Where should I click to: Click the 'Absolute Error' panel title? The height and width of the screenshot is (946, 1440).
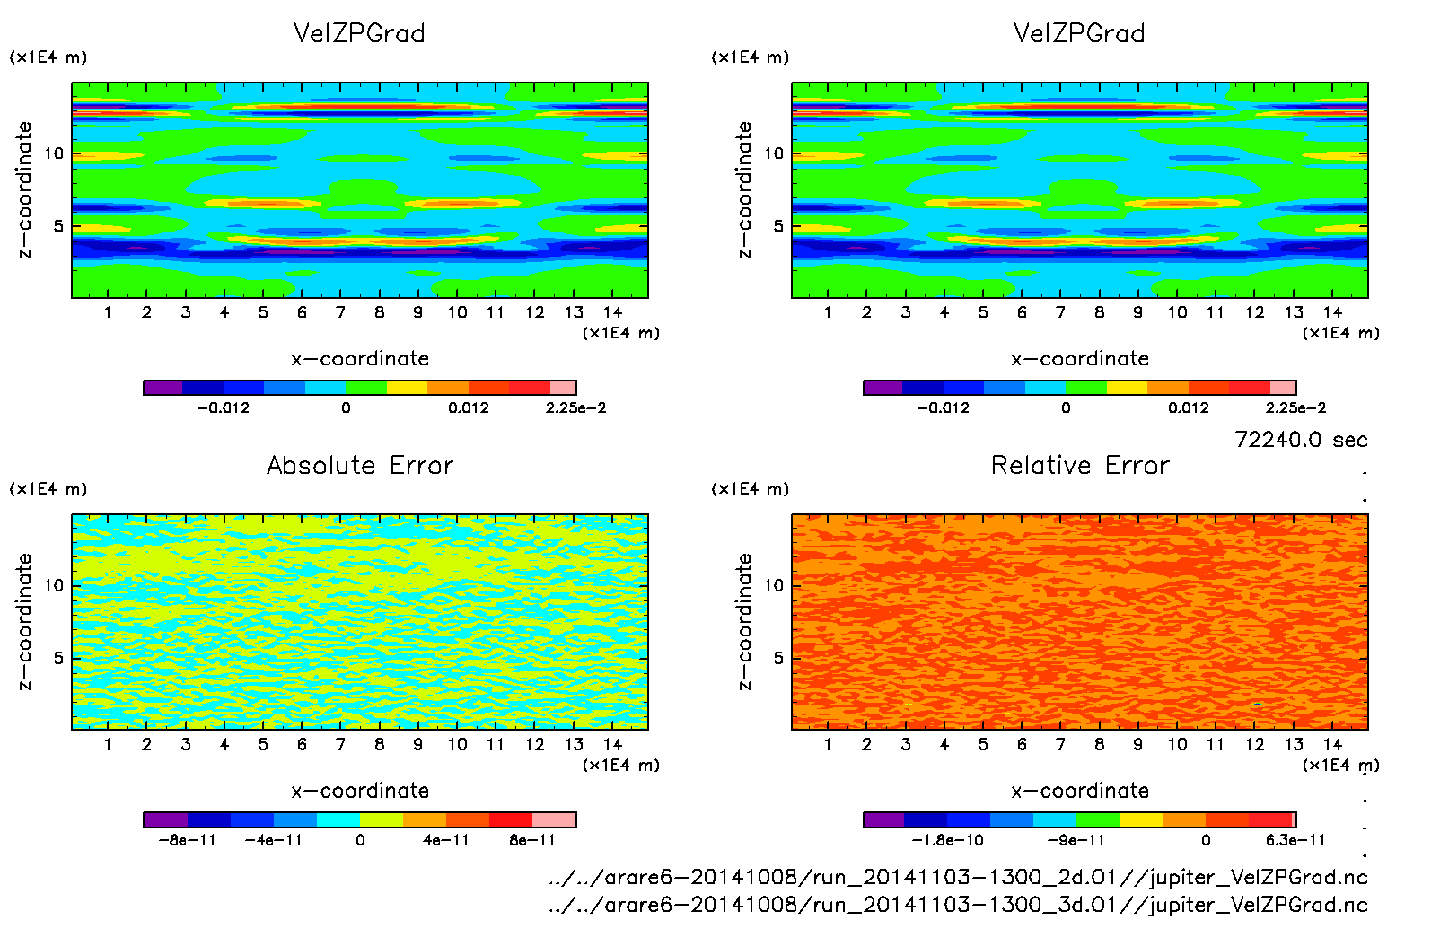(x=360, y=465)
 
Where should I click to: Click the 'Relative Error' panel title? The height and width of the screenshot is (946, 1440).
(x=1080, y=465)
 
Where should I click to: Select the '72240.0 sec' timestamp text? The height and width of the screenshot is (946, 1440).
(x=1301, y=440)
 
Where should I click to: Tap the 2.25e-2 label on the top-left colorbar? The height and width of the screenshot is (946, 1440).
(x=575, y=407)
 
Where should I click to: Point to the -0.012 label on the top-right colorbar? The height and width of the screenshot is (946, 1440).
(x=943, y=407)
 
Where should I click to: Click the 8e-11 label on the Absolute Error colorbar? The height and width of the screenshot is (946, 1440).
(x=532, y=840)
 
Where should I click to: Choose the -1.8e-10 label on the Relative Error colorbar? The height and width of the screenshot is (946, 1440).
(x=947, y=840)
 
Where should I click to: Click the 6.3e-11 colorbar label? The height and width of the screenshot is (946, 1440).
(x=1295, y=840)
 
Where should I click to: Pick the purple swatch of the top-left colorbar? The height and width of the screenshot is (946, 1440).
(x=163, y=388)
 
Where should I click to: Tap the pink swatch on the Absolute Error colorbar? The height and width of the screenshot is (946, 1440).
(x=554, y=819)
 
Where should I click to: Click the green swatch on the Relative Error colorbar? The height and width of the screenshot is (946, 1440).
(x=1098, y=819)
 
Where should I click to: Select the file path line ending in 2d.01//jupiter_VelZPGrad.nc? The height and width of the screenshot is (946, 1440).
(x=958, y=877)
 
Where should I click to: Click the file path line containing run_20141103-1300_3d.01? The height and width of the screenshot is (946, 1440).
(x=958, y=905)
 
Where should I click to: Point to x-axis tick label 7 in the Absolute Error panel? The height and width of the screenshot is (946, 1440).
(x=340, y=744)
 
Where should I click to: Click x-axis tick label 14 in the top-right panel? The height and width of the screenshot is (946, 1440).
(x=1332, y=312)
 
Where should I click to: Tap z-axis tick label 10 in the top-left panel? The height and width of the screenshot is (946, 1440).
(x=55, y=153)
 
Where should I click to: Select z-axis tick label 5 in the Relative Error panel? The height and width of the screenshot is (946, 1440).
(x=777, y=658)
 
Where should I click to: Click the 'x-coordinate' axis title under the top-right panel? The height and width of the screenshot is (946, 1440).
(x=1080, y=359)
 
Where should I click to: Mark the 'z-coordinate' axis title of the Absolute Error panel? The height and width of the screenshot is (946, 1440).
(x=24, y=621)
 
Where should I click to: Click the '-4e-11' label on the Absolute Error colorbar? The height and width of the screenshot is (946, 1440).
(x=274, y=840)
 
